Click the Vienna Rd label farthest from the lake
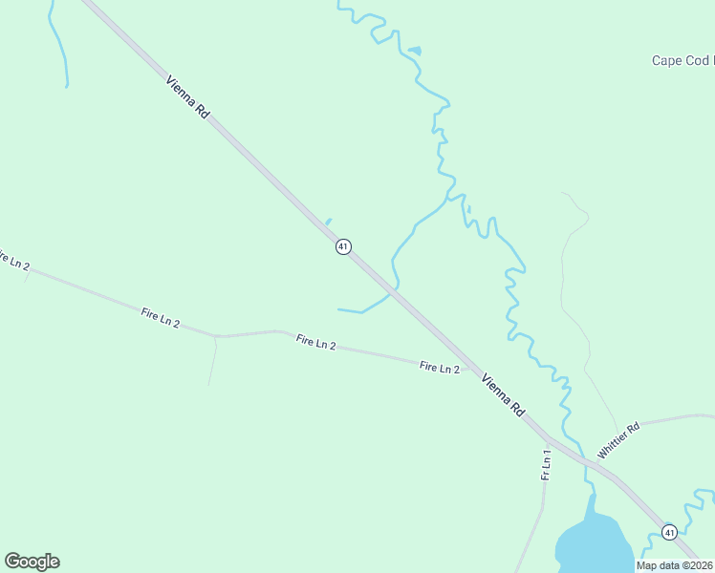(187, 96)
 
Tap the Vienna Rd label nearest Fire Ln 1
(504, 394)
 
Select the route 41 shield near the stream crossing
(343, 246)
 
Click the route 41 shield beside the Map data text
(669, 532)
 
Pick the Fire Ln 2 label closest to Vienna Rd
(440, 368)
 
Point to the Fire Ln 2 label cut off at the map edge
(13, 260)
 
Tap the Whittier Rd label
(618, 439)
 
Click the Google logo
(32, 562)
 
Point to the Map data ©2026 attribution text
(675, 565)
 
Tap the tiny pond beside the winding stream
(414, 50)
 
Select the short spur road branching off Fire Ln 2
(212, 361)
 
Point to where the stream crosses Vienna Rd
(393, 289)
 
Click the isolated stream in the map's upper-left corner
(59, 43)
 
